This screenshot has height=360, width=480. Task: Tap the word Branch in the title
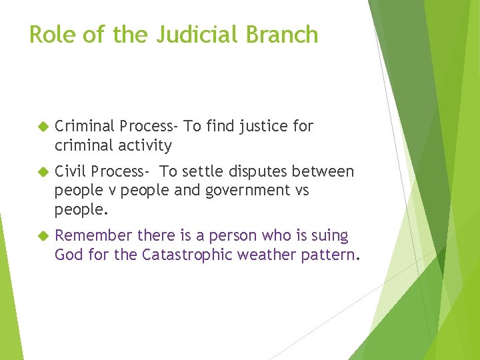click(283, 34)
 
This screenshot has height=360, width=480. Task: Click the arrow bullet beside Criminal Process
click(43, 127)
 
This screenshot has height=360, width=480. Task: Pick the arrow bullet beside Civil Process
click(43, 172)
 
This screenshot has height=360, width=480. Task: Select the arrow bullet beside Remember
click(43, 236)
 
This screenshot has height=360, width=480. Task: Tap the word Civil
click(71, 171)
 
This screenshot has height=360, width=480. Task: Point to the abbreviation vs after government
click(300, 190)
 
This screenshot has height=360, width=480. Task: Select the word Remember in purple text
click(93, 235)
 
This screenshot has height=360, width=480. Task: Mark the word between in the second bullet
click(327, 171)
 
